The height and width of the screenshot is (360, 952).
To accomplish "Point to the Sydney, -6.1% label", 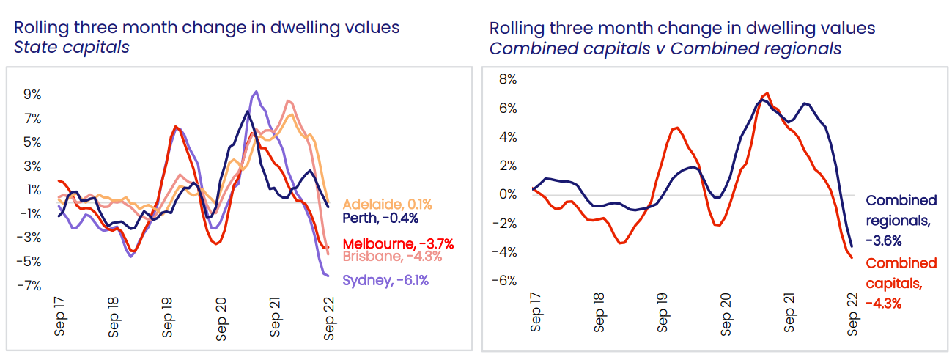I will [385, 280].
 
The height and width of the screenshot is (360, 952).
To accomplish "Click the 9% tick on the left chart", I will [32, 95].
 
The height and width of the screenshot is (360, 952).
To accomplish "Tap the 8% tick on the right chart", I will [508, 79].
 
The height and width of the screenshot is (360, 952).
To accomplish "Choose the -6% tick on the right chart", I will [506, 281].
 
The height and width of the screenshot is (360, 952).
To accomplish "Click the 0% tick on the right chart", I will [508, 194].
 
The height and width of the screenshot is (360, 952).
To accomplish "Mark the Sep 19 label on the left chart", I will [168, 317].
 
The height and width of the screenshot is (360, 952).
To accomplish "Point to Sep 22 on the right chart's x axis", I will [853, 313].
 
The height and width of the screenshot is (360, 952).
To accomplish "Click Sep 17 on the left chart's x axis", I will [59, 317].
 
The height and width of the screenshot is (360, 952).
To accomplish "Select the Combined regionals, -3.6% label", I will [901, 220].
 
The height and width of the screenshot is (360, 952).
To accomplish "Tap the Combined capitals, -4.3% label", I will [901, 283].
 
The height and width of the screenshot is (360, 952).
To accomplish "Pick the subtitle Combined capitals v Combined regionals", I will [665, 48].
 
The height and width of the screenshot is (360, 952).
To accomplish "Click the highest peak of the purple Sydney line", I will [255, 92].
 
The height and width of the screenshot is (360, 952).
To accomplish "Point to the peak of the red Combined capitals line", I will [767, 93].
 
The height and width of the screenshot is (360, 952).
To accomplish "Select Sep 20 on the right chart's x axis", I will [726, 313].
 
